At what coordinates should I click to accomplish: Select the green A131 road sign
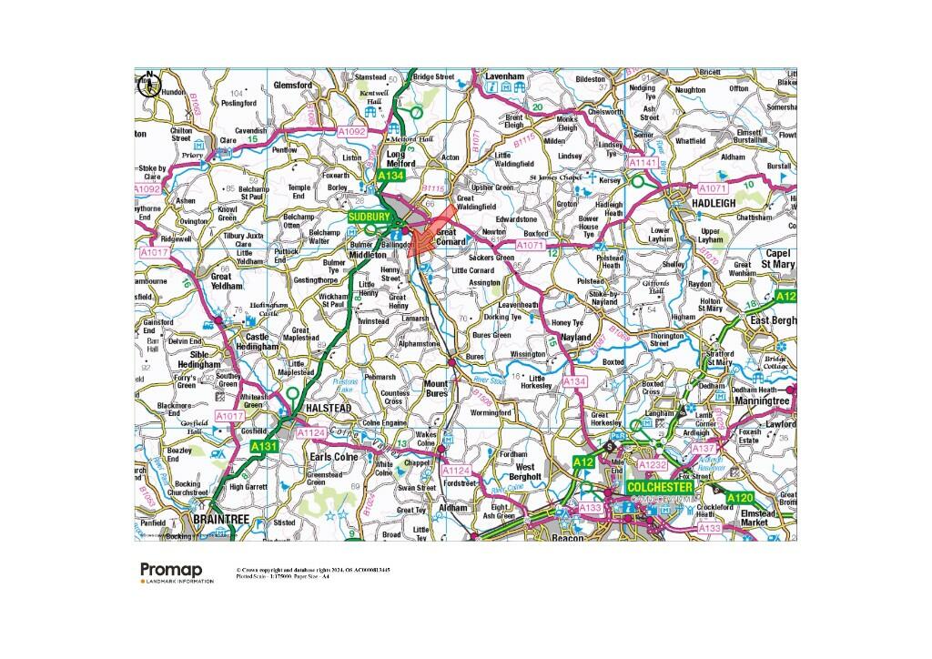coord(263,446)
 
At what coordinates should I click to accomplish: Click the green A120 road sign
coord(742,498)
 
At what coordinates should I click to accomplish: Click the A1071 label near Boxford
coord(529,245)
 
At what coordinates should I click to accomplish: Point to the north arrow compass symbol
coord(147,84)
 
